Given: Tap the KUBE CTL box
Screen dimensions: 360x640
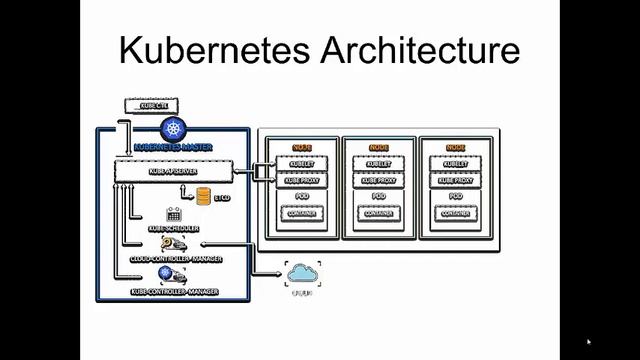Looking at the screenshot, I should [148, 105].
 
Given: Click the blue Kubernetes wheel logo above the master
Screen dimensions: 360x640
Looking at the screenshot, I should [174, 130].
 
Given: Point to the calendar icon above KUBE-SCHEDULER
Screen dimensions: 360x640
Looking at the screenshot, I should [173, 213].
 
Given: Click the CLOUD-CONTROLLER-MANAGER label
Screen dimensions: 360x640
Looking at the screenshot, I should [176, 259].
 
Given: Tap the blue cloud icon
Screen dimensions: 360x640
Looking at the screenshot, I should [301, 272].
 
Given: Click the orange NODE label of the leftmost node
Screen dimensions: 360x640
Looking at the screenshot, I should [302, 148].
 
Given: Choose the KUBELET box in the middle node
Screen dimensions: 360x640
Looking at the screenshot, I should [379, 164].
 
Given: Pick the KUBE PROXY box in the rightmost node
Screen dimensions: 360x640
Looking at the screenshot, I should [455, 181].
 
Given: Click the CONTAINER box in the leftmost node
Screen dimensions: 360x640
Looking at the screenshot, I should [302, 214].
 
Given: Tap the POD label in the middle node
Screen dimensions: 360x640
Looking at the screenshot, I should [379, 197].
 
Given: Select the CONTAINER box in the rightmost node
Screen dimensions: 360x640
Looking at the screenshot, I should [455, 214].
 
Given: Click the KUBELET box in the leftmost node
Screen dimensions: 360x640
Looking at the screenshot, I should [302, 164].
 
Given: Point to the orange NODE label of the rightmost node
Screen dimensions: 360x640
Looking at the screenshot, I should [455, 148].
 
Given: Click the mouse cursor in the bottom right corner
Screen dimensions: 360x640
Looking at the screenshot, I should [589, 342].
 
